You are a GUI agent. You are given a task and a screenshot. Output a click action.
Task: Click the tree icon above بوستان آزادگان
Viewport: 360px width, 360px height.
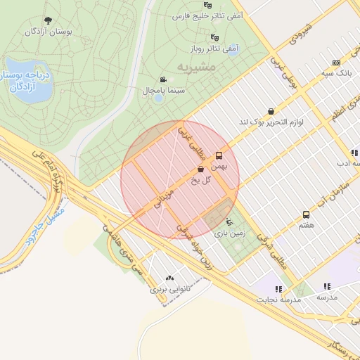[x=48, y=20]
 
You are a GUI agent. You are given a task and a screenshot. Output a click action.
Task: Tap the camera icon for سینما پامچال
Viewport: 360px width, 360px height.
[x=163, y=79]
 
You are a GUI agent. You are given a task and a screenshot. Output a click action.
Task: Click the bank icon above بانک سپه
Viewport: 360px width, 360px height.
[x=335, y=62]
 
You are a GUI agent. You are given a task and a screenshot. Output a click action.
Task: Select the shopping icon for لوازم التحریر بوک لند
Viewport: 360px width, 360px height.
[x=271, y=111]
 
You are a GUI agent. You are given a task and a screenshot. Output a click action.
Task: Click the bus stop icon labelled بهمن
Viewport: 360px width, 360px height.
[x=219, y=155]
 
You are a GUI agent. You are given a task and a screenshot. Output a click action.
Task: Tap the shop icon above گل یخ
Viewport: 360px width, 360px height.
[x=201, y=169]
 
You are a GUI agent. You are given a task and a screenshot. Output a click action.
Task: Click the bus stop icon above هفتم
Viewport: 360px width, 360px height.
[x=306, y=214]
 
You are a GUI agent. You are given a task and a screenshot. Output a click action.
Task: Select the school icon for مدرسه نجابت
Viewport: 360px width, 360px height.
[x=279, y=288]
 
